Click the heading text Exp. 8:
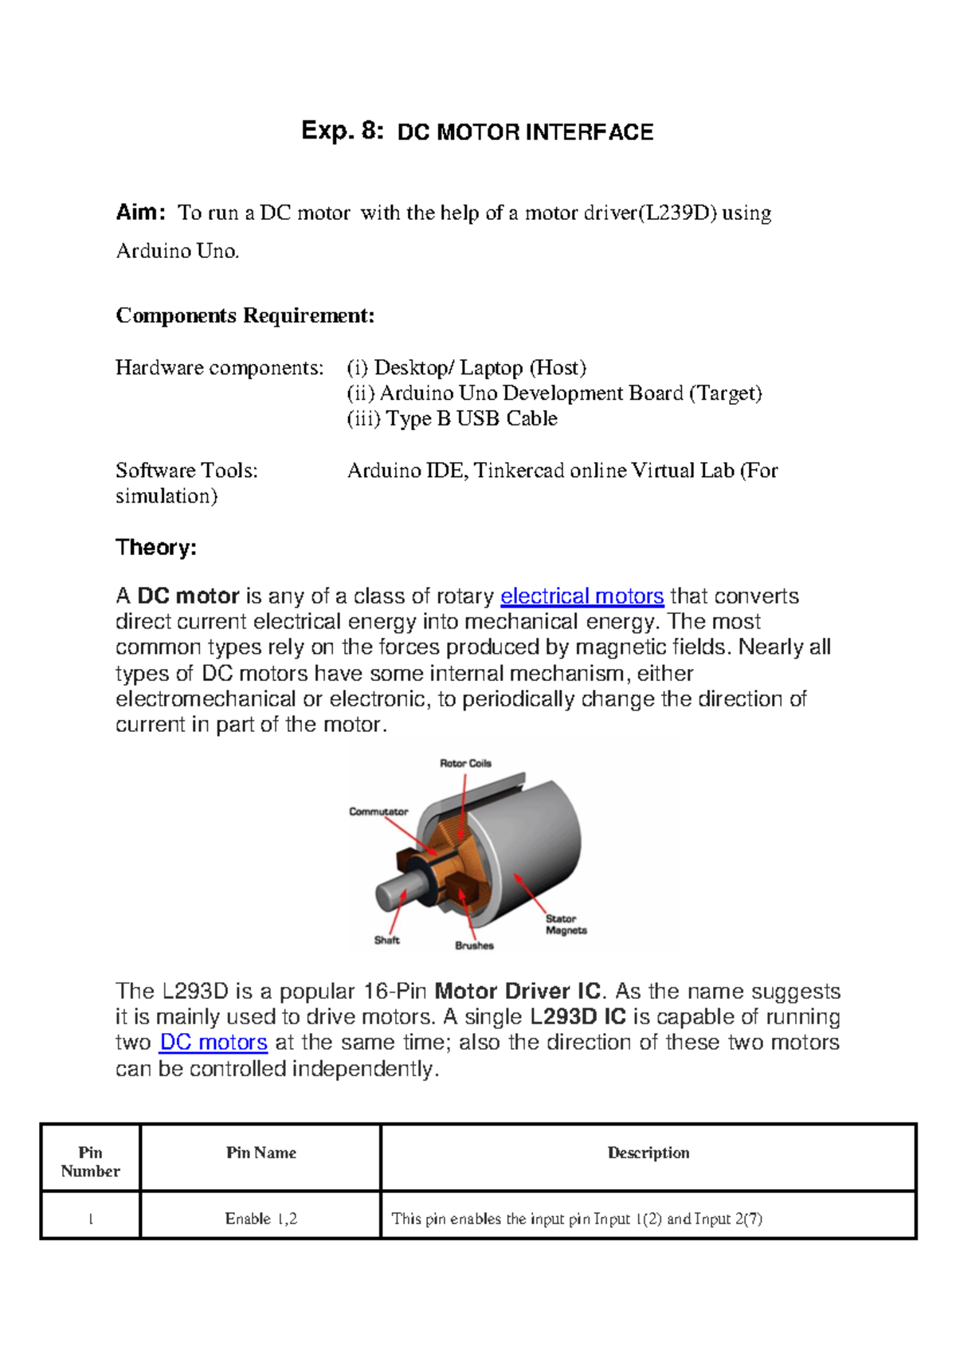tap(342, 131)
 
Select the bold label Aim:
tap(140, 213)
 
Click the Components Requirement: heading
tap(245, 315)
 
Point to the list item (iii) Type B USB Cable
tap(452, 419)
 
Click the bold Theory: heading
tap(155, 547)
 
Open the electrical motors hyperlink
tap(582, 596)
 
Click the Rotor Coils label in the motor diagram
tap(465, 763)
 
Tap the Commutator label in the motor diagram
tap(378, 812)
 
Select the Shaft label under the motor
tap(386, 940)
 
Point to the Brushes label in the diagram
tap(474, 945)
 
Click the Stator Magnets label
tap(566, 924)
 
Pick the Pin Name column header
tap(261, 1152)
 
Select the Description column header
tap(648, 1152)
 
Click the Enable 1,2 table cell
tap(261, 1219)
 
